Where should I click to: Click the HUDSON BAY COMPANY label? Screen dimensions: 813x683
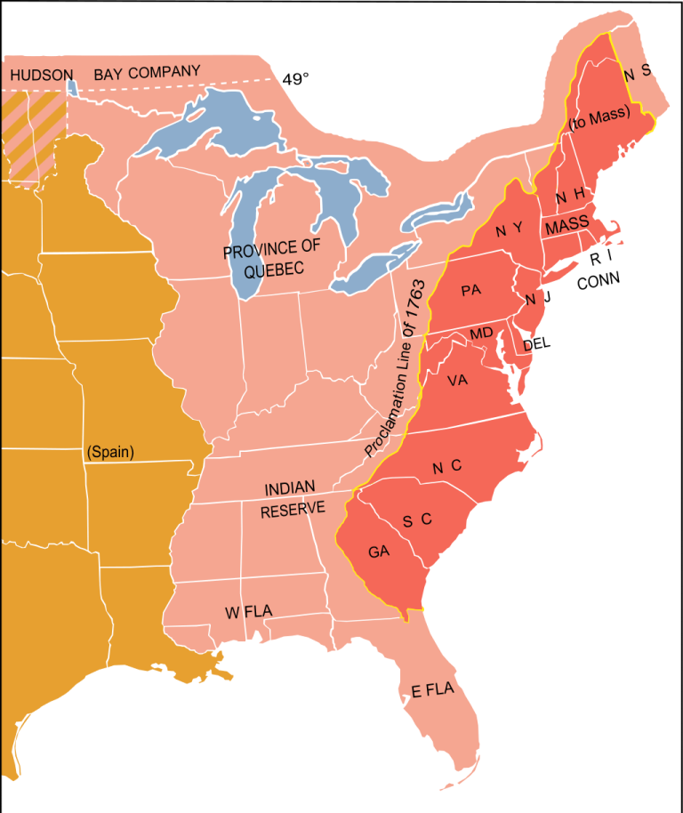[x=105, y=74]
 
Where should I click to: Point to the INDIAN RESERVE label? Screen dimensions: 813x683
[x=293, y=498]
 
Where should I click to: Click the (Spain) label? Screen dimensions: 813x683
[x=110, y=453]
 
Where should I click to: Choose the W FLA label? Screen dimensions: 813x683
[x=248, y=612]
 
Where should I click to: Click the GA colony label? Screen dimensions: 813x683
[x=379, y=551]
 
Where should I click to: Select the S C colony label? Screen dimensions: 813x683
[x=416, y=520]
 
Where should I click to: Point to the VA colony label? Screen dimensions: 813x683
[x=457, y=381]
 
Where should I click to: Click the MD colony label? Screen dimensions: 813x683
[x=481, y=334]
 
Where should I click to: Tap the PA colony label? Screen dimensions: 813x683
[x=470, y=290]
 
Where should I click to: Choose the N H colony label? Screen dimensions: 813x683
[x=569, y=196]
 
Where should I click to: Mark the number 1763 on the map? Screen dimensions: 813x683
[x=415, y=310]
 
